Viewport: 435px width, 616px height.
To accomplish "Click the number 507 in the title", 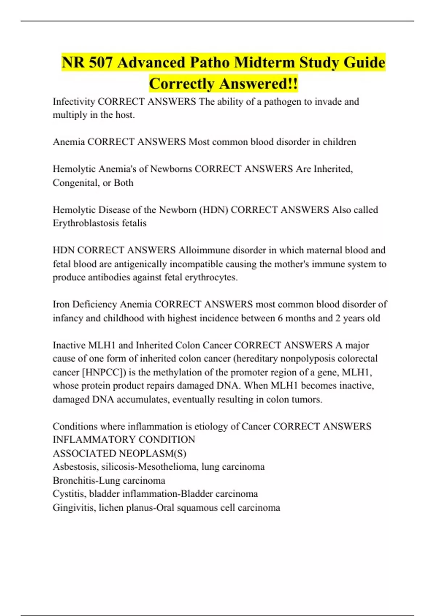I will point(100,63).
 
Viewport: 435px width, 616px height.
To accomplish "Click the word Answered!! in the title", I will point(259,84).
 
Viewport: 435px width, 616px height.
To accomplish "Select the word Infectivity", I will point(74,101).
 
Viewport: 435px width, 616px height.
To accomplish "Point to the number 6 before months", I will point(280,318).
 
